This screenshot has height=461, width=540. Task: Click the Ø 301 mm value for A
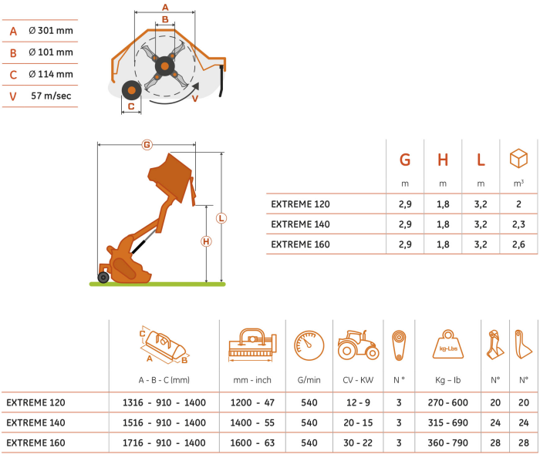coord(51,31)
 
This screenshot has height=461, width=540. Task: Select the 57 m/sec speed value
coord(51,96)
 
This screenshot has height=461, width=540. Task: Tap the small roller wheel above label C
coord(132,90)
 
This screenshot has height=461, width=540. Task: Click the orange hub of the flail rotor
coord(164,66)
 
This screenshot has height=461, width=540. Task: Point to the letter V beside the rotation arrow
coord(195,99)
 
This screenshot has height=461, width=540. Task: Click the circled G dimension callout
coord(147,145)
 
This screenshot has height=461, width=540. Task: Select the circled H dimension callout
coord(206,241)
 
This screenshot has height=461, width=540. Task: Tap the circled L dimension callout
coord(221,218)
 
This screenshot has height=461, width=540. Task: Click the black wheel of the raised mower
coord(103,278)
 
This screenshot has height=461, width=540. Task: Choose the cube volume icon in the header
coord(518,159)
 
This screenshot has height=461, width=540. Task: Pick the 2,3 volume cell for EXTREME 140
coord(518,224)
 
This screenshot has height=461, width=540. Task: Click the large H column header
coord(443,160)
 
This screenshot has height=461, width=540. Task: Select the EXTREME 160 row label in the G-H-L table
coord(300,244)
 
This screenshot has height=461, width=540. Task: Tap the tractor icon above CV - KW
coord(358,345)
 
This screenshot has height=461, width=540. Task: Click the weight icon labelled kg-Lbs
coord(447,345)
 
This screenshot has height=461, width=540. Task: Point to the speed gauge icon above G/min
coord(309,345)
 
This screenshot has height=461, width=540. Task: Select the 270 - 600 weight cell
coord(447,402)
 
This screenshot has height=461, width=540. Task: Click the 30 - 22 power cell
coord(358,442)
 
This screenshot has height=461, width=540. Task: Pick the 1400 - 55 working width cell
coord(252,422)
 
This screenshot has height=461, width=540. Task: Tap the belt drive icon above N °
coord(399,345)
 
